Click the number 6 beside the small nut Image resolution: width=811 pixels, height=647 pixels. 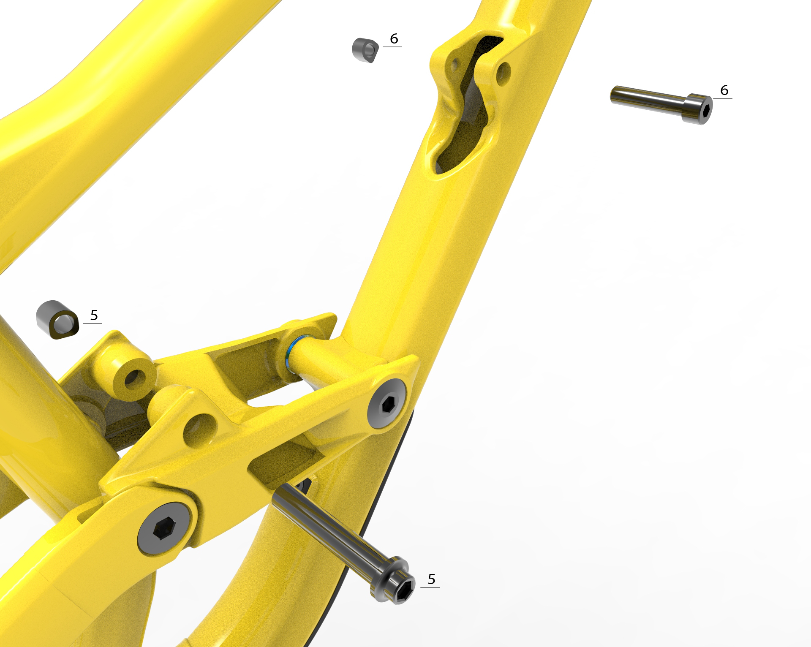[x=394, y=39]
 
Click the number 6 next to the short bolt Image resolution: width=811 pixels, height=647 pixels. [x=724, y=90]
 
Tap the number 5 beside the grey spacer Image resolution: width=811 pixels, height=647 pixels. [x=94, y=315]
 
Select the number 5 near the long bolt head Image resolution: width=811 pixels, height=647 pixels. [x=431, y=579]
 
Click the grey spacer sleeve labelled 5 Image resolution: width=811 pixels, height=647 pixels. [x=58, y=320]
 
